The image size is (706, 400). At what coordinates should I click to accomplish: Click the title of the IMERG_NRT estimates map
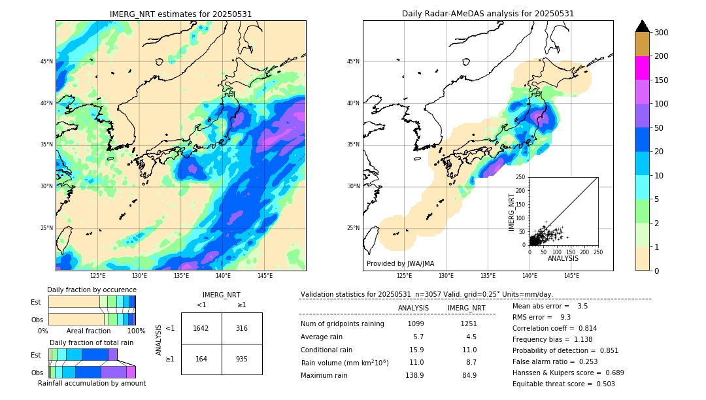[x=180, y=14]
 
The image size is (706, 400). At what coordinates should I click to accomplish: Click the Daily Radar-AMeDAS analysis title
[x=488, y=14]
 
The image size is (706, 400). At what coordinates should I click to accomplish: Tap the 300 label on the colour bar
[x=662, y=32]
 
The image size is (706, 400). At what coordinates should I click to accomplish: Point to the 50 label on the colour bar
[x=659, y=128]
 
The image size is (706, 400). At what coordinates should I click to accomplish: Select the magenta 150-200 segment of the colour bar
[x=642, y=68]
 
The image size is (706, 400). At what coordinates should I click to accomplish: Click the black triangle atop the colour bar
[x=642, y=26]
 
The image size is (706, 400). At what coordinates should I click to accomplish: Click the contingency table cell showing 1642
[x=201, y=328]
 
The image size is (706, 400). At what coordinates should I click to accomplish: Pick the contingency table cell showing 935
[x=242, y=359]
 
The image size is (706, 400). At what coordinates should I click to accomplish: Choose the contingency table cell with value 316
[x=242, y=328]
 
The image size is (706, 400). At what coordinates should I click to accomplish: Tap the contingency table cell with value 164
[x=201, y=359]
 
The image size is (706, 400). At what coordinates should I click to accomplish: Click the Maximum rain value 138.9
[x=414, y=375]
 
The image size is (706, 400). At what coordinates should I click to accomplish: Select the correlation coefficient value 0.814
[x=583, y=328]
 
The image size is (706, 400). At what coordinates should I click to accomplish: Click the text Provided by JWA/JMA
[x=400, y=264]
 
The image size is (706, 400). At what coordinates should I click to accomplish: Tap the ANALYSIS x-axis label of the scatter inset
[x=563, y=259]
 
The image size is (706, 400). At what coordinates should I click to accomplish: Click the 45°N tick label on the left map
[x=46, y=61]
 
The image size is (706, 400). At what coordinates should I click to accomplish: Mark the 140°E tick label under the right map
[x=529, y=276]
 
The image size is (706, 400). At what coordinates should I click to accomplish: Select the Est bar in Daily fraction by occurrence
[x=92, y=301]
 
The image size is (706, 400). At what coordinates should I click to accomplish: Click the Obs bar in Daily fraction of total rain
[x=92, y=372]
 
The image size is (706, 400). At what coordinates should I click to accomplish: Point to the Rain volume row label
[x=345, y=362]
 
